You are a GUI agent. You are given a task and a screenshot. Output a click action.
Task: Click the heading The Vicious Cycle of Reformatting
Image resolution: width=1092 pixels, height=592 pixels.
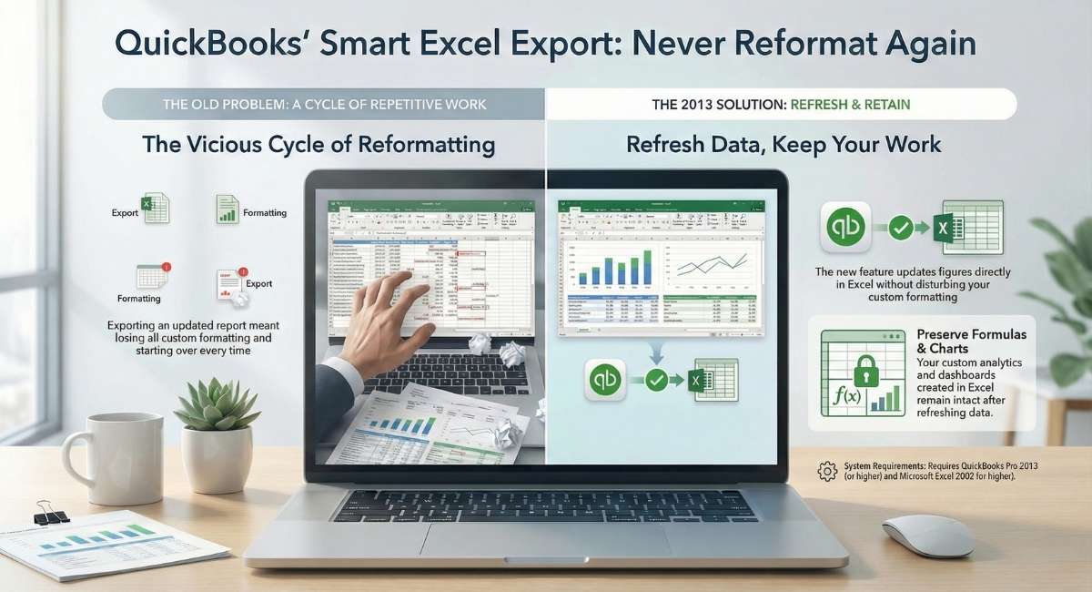point(319,144)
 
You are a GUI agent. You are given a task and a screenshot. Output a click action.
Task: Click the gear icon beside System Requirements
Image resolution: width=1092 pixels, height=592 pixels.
point(827,471)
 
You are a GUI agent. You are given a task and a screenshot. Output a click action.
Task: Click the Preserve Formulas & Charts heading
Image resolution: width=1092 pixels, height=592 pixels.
point(971,342)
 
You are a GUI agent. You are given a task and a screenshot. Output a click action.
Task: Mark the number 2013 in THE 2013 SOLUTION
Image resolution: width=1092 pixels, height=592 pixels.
point(695,105)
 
